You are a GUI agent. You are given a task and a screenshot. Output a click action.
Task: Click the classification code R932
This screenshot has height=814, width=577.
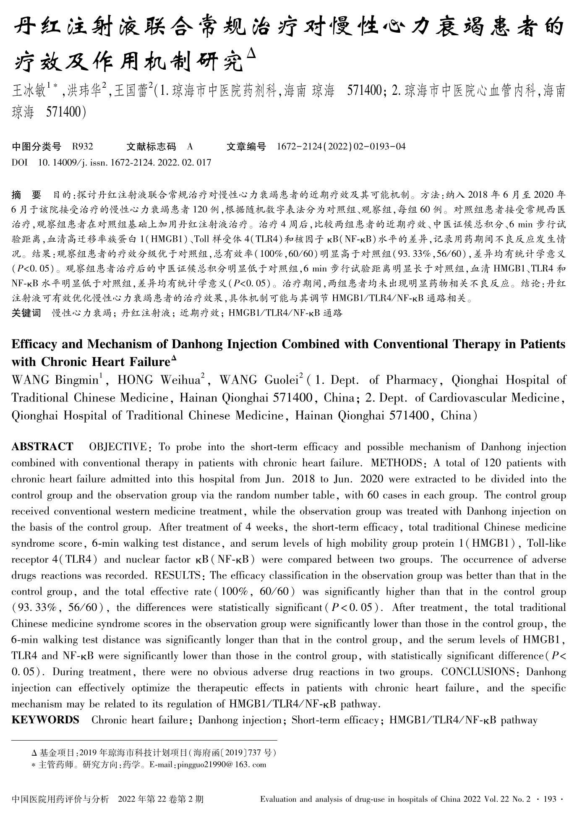pyautogui.click(x=82, y=146)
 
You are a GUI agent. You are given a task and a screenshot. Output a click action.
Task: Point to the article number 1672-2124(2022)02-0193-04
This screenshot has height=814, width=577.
pyautogui.click(x=341, y=146)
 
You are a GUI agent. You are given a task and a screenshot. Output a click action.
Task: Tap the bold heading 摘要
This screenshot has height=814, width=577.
pyautogui.click(x=26, y=195)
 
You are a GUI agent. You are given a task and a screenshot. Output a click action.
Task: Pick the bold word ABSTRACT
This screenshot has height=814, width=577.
pyautogui.click(x=42, y=446)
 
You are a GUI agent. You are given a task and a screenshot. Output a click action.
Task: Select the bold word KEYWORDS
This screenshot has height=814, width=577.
pyautogui.click(x=45, y=720)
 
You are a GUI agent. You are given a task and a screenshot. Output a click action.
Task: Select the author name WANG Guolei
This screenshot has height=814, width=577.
pyautogui.click(x=258, y=380)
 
